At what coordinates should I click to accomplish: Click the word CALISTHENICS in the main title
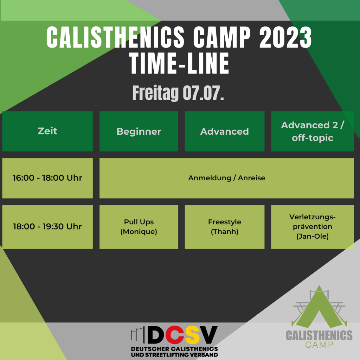115,37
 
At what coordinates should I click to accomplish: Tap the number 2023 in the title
285,37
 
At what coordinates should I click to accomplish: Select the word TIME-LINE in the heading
180,63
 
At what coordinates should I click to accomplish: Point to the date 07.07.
203,93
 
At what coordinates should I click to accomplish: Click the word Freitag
155,93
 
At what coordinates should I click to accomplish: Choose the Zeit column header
47,131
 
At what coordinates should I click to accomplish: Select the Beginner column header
139,131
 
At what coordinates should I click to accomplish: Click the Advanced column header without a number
225,131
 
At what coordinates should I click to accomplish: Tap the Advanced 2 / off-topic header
313,131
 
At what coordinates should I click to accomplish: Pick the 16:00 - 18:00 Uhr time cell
47,178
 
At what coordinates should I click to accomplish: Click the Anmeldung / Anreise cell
227,178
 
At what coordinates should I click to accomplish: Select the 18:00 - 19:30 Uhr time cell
47,227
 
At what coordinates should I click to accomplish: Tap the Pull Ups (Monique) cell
139,227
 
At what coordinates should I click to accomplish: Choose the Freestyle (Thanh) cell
225,227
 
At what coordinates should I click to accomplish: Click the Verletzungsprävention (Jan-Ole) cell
313,227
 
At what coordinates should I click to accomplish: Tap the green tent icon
319,306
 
